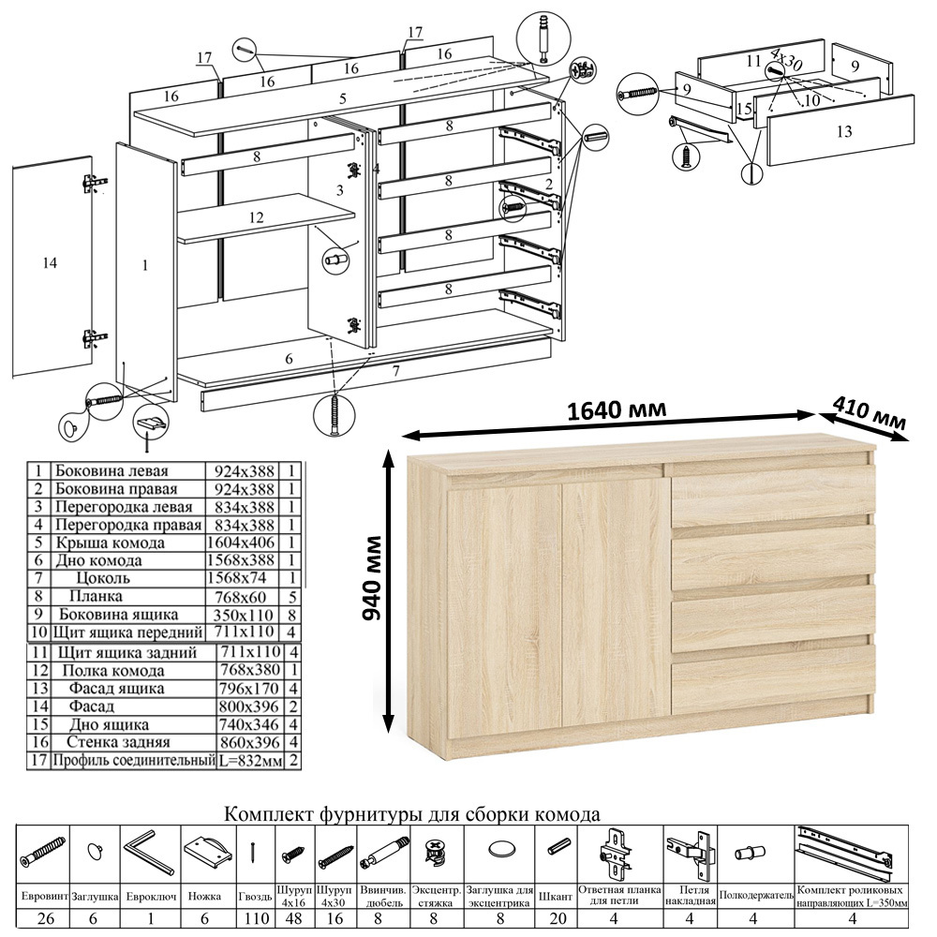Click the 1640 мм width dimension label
coord(616,410)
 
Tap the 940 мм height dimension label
coord(372,578)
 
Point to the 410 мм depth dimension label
coord(870,413)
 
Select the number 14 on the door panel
coord(50,262)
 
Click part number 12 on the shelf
coord(256,217)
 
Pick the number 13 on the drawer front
coord(844,131)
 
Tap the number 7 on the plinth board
coord(395,370)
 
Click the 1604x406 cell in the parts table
coord(240,543)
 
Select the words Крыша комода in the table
coord(110,543)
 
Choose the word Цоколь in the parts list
coord(103,578)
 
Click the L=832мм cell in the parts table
coord(251,761)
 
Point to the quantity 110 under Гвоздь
coord(257,918)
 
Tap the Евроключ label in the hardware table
coord(150,897)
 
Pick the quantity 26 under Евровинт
coord(45,918)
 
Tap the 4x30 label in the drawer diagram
coord(786,60)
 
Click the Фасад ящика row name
coord(116,689)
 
